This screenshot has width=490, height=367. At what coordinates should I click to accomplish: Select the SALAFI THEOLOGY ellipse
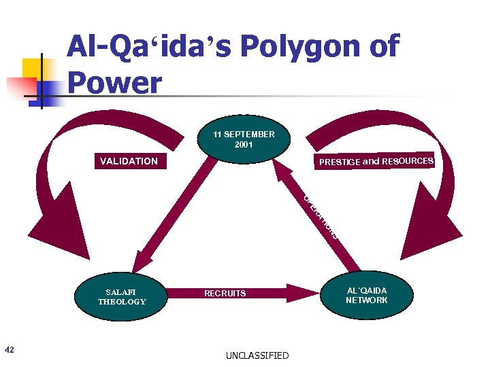click(x=122, y=296)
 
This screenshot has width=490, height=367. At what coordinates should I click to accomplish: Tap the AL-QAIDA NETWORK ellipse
click(x=366, y=296)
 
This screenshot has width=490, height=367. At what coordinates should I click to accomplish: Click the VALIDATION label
click(x=129, y=161)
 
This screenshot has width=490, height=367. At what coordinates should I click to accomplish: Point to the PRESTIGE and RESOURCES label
click(x=376, y=161)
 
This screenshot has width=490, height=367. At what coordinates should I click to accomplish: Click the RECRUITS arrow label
click(x=225, y=294)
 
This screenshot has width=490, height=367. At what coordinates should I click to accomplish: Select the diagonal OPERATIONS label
click(x=319, y=217)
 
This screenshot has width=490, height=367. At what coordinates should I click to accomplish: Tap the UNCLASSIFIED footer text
click(x=257, y=355)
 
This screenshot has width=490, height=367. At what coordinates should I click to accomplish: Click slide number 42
click(x=9, y=349)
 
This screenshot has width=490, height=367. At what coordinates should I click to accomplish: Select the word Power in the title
click(x=115, y=83)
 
